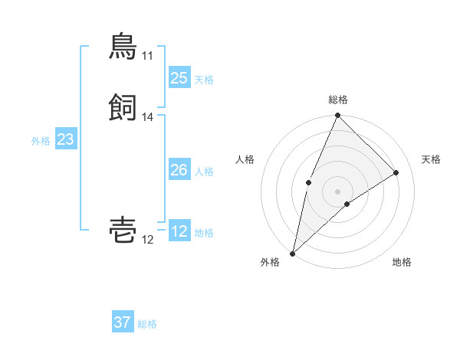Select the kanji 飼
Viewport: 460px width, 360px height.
pyautogui.click(x=123, y=108)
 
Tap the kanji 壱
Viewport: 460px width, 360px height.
pyautogui.click(x=123, y=231)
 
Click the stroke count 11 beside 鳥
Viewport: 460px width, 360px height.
pyautogui.click(x=147, y=56)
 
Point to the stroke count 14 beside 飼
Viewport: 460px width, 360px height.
pyautogui.click(x=147, y=117)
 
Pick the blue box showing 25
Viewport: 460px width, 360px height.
pyautogui.click(x=179, y=77)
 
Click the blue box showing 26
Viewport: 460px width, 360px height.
pyautogui.click(x=179, y=170)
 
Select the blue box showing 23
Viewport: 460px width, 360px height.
pyautogui.click(x=65, y=139)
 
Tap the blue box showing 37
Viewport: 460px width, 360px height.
pyautogui.click(x=122, y=322)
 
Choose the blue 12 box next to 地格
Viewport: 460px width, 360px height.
pyautogui.click(x=179, y=231)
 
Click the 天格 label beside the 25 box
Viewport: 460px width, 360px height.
pyautogui.click(x=204, y=79)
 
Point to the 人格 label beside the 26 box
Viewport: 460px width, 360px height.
pyautogui.click(x=204, y=172)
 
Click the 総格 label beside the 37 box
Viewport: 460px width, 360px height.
pyautogui.click(x=147, y=324)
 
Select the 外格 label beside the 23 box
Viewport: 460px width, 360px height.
pyautogui.click(x=41, y=141)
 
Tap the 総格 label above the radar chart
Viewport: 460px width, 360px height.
pyautogui.click(x=338, y=100)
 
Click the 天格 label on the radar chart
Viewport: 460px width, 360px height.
pyautogui.click(x=432, y=159)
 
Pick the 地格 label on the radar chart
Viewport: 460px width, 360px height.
pyautogui.click(x=402, y=262)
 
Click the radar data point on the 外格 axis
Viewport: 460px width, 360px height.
pyautogui.click(x=292, y=253)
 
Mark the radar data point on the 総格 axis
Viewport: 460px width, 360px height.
pyautogui.click(x=338, y=116)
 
